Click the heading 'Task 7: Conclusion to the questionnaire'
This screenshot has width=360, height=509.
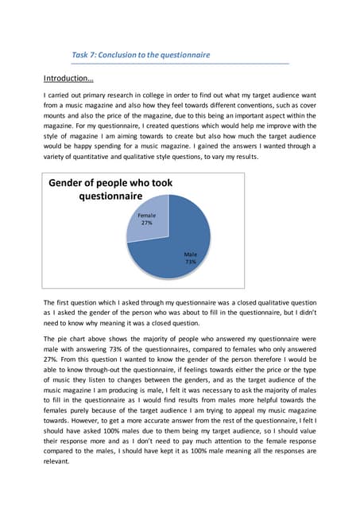(x=141, y=55)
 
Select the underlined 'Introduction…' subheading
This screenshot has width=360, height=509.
(x=68, y=79)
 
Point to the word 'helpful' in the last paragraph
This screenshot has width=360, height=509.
(x=266, y=400)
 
